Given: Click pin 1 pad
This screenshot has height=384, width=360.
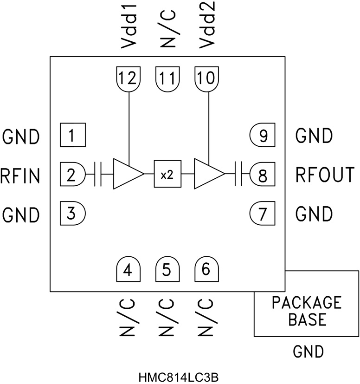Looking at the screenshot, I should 72,136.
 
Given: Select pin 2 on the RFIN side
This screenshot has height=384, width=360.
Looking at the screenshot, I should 72,175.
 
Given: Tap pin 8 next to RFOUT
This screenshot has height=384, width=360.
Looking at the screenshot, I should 263,175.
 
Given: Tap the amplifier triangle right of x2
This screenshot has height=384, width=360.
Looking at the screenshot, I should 207,174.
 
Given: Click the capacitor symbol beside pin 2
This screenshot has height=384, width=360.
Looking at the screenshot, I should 98,174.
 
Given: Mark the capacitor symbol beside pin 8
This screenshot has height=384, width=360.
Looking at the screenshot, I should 239,174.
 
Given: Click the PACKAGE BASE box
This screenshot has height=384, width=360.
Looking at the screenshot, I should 306,311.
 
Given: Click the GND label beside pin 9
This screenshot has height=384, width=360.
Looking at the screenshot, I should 314,136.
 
